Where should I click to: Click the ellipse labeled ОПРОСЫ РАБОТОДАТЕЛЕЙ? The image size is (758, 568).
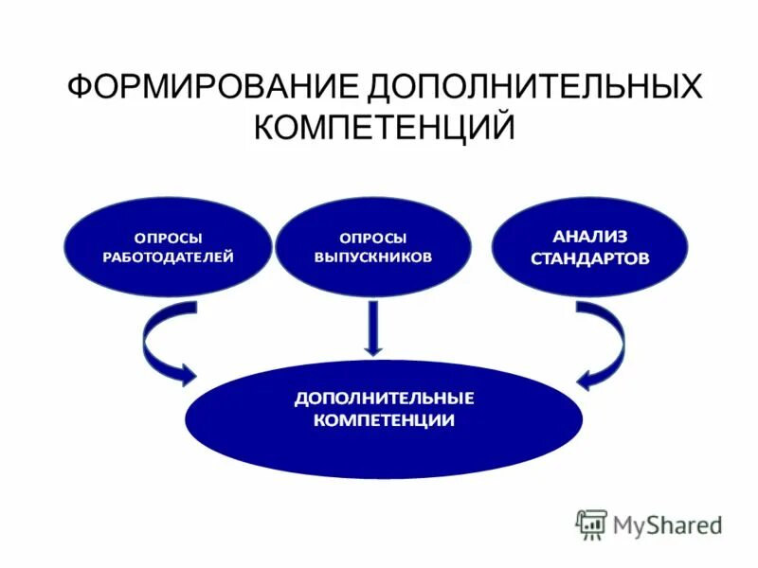(168, 246)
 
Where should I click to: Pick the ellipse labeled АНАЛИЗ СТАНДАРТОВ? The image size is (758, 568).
(589, 246)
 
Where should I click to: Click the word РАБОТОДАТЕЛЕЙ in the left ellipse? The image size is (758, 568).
(168, 257)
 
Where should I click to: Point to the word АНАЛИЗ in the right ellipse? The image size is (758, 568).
(589, 235)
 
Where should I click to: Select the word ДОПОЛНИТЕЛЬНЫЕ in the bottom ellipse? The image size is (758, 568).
(384, 398)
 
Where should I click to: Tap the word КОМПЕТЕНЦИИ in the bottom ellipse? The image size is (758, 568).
(384, 420)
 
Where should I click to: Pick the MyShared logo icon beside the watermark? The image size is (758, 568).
(591, 524)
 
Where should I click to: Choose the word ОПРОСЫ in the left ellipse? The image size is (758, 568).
(168, 237)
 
